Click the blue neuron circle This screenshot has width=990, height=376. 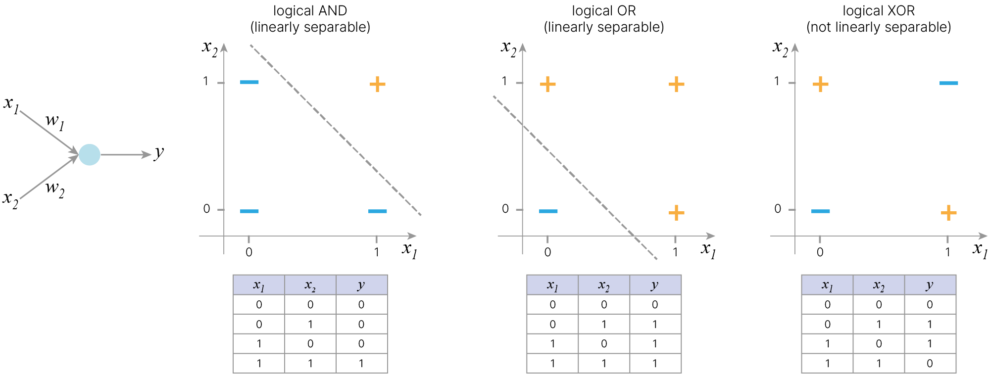point(90,155)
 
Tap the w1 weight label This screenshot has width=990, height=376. point(54,121)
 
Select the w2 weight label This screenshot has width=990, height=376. point(54,189)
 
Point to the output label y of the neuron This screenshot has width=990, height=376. point(158,153)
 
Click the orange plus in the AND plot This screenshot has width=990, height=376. point(377,84)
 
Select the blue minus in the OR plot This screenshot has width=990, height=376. point(548,211)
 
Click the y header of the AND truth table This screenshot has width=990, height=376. point(361,285)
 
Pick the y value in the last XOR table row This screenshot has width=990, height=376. point(930,364)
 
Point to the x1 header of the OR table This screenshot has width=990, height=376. point(552,285)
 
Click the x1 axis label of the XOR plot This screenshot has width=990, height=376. point(980,250)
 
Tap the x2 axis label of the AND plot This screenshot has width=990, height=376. point(210,48)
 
